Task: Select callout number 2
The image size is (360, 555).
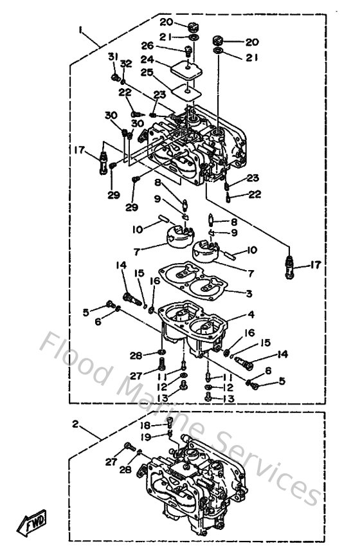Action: coord(75,424)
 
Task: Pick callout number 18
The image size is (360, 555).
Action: coord(147,426)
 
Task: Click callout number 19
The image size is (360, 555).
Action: coord(147,437)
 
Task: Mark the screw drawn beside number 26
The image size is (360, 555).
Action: coord(188,51)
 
